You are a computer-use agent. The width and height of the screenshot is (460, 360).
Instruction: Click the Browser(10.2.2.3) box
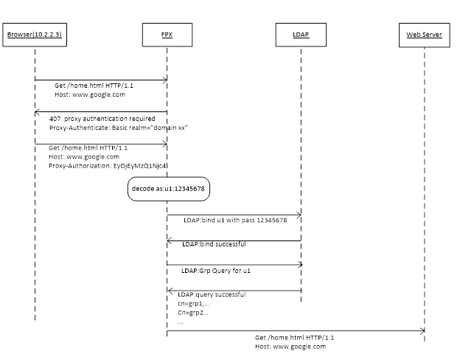click(x=35, y=35)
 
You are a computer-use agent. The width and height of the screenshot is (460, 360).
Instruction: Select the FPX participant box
click(x=167, y=35)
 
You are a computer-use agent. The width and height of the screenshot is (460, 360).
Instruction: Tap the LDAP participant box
click(x=301, y=35)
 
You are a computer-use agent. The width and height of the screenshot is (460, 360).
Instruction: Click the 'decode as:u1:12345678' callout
click(x=170, y=189)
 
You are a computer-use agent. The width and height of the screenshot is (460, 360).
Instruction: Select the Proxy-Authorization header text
click(x=108, y=166)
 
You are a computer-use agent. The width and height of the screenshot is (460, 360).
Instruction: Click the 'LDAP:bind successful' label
click(x=215, y=243)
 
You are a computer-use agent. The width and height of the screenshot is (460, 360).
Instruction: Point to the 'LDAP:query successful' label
click(x=212, y=294)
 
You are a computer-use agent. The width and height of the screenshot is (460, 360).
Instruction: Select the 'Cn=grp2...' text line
click(x=193, y=312)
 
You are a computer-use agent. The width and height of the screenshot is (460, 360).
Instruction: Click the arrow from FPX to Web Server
click(x=295, y=330)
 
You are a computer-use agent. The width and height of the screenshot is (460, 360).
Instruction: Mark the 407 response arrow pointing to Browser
click(x=100, y=111)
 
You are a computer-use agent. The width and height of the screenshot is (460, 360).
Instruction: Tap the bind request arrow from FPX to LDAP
click(x=234, y=215)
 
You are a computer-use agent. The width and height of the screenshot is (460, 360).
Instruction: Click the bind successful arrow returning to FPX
click(x=234, y=240)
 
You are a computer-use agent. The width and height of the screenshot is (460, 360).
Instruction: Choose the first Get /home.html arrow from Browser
click(x=100, y=80)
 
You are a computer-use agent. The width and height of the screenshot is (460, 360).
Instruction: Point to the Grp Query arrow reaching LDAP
click(x=234, y=264)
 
